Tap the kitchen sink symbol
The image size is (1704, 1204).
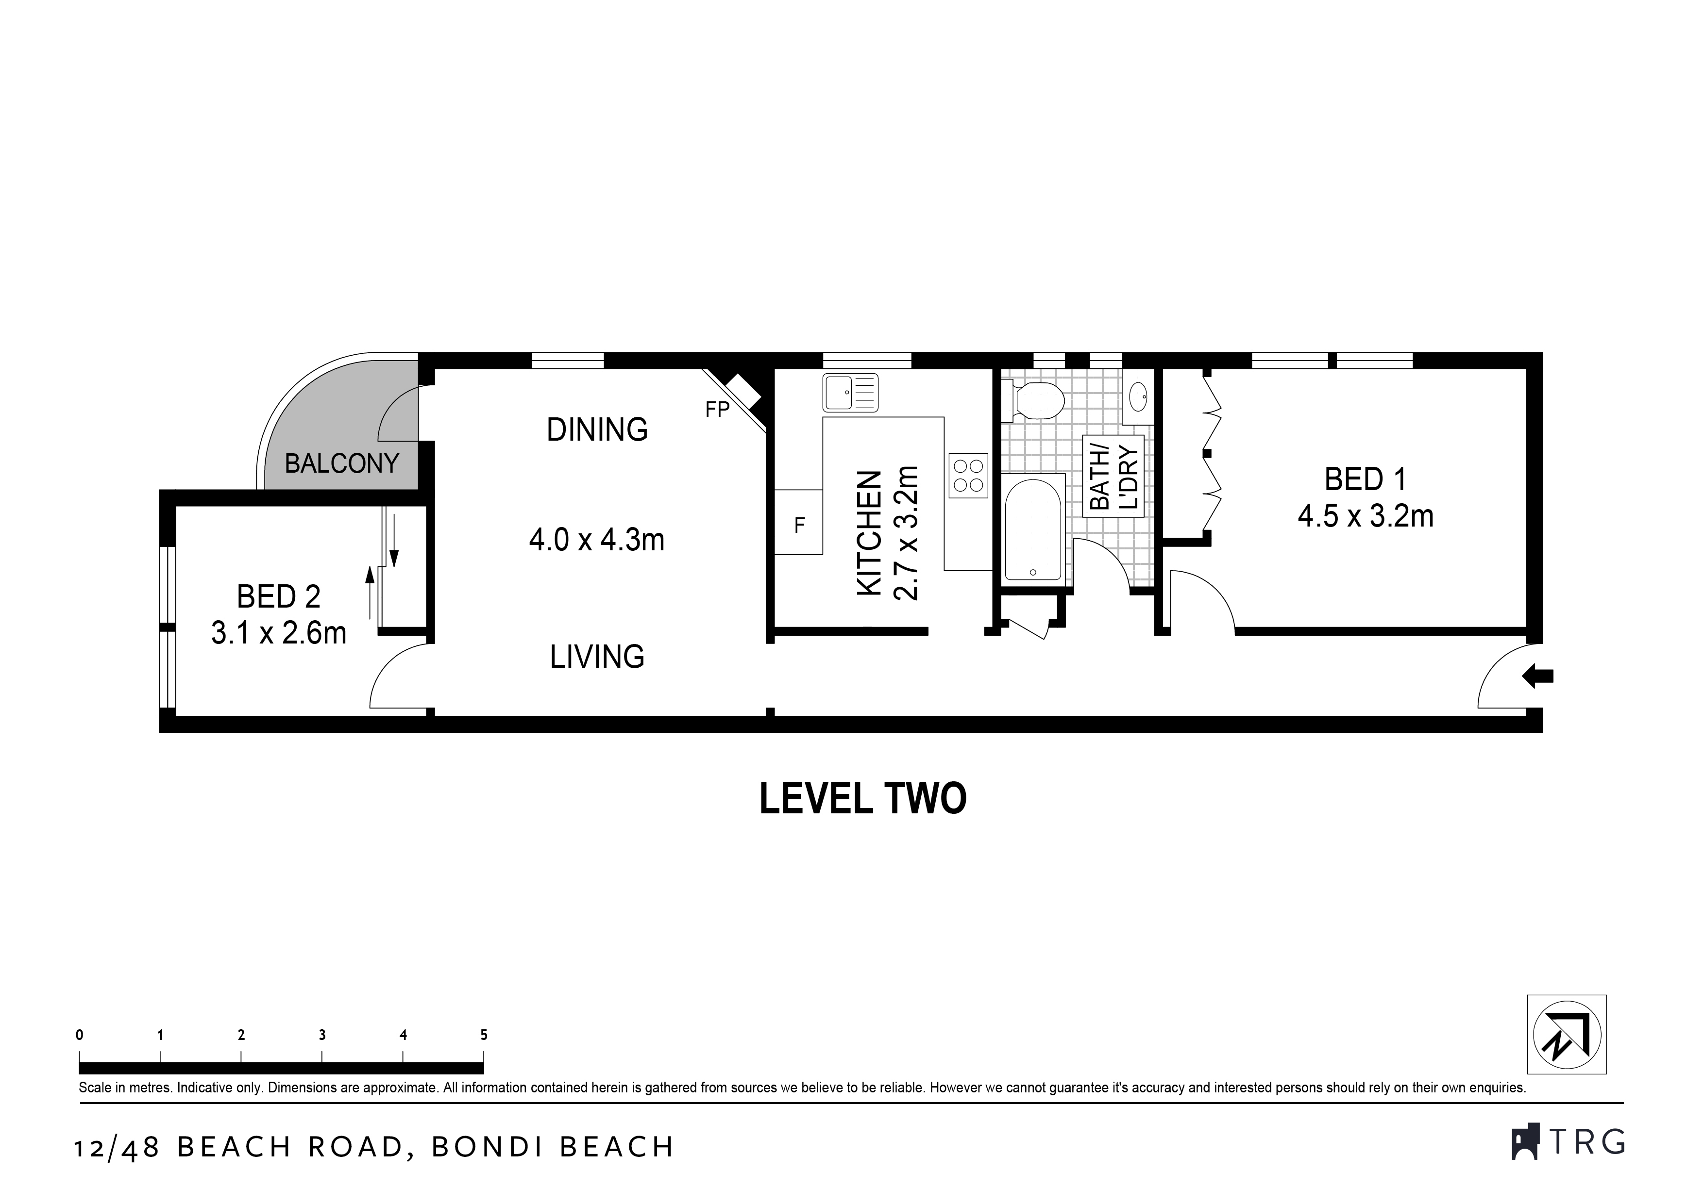coord(850,393)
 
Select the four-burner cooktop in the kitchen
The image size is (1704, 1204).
coord(968,476)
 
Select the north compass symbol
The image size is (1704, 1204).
coord(1567,1035)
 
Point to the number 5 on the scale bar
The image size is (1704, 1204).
coord(484,1035)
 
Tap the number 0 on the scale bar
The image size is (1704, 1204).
coord(80,1035)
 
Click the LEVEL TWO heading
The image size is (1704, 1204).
coord(862,799)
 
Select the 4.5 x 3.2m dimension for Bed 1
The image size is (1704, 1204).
coord(1366,515)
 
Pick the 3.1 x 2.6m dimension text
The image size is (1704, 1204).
coord(279,633)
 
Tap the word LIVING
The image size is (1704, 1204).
coord(597,657)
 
